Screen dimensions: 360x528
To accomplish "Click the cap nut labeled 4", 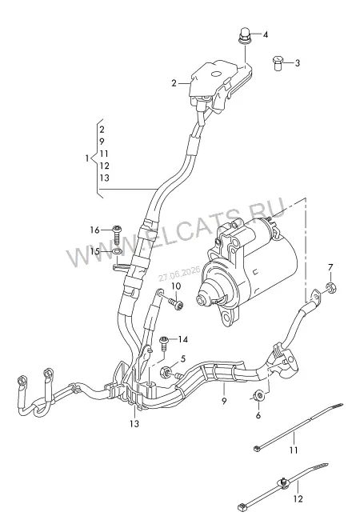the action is [x=244, y=36].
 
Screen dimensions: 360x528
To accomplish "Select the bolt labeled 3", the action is [x=278, y=63].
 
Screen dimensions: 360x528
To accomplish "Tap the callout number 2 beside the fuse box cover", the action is [x=174, y=83].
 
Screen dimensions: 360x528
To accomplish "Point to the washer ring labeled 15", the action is [x=117, y=251].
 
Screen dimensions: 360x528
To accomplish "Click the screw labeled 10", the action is [x=177, y=304].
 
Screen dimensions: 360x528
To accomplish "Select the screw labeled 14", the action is [x=164, y=342].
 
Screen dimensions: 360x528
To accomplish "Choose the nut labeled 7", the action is [x=330, y=288].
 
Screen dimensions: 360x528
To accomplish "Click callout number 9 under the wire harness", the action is [x=224, y=401].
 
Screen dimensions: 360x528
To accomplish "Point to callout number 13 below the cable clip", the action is [x=134, y=424].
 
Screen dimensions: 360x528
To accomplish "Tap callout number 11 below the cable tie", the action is [x=294, y=450].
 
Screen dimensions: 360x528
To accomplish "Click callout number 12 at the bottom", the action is [x=298, y=498].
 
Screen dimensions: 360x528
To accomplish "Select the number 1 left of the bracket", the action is [x=87, y=158].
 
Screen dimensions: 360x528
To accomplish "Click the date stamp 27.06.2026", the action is [x=179, y=274].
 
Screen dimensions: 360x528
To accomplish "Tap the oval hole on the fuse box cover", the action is [x=215, y=74].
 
